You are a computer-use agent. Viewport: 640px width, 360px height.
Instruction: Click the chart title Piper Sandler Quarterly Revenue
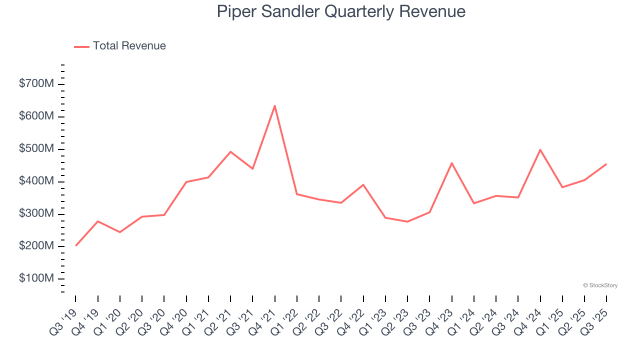341,11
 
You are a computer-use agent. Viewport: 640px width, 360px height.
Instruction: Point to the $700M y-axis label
36,84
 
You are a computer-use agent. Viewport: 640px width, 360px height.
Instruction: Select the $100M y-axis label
36,278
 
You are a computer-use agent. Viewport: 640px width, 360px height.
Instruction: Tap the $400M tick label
36,181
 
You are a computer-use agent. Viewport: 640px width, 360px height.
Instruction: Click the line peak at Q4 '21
274,106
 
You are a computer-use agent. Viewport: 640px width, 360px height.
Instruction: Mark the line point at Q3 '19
75,245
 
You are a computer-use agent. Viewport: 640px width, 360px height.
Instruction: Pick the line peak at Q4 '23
451,163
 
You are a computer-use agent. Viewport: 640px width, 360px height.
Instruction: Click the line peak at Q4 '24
540,149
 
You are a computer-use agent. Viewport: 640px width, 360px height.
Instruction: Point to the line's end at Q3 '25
606,164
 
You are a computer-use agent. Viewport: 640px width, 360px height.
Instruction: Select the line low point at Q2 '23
407,221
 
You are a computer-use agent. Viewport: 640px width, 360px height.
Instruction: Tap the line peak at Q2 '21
230,151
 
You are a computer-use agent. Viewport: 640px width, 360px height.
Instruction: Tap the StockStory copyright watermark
600,285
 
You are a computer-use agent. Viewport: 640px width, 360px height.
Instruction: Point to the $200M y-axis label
36,246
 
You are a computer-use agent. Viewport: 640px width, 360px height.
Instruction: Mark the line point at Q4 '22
363,184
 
